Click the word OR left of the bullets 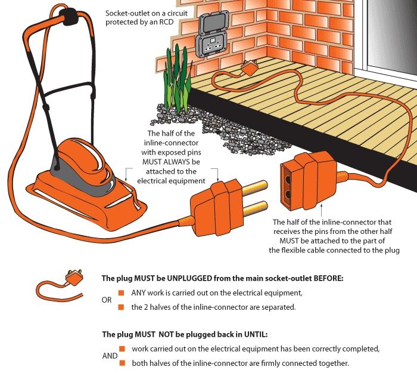click(x=107, y=300)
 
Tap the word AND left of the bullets click(x=110, y=355)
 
